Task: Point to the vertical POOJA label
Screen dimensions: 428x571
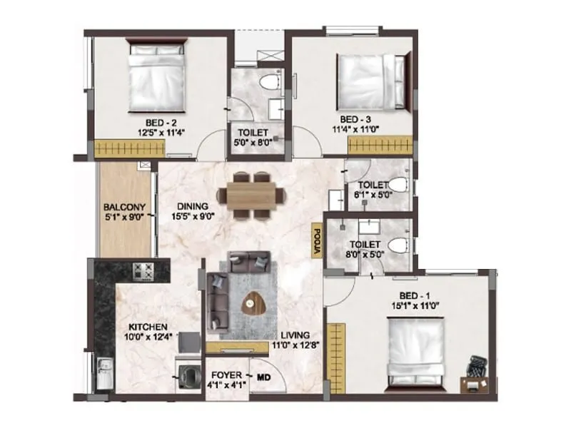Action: pyautogui.click(x=315, y=240)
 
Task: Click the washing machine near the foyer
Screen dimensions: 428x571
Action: pyautogui.click(x=189, y=375)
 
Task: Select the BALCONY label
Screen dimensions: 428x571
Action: pyautogui.click(x=124, y=202)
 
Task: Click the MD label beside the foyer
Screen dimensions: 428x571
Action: pyautogui.click(x=264, y=376)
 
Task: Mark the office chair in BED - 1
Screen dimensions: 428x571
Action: pyautogui.click(x=477, y=368)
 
